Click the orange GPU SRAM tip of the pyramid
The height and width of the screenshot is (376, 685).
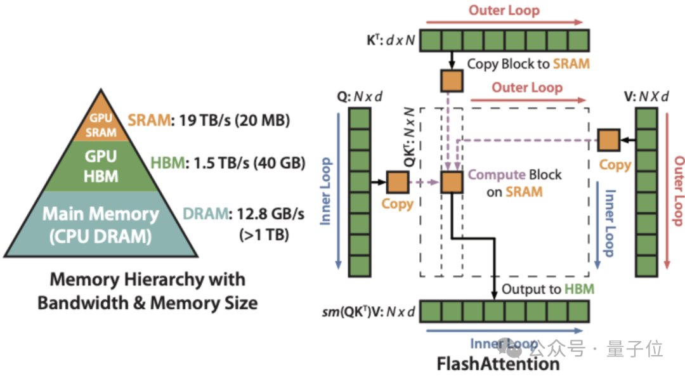tap(101, 119)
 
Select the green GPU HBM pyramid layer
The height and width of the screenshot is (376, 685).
tap(101, 166)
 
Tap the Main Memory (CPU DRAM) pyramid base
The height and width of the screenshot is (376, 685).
tap(101, 224)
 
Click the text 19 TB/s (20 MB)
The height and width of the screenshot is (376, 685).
tap(234, 120)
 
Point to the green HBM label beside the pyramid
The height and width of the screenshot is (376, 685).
tap(167, 163)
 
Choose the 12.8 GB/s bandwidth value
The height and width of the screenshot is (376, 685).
tap(271, 214)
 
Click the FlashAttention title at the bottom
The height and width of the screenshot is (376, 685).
tap(498, 363)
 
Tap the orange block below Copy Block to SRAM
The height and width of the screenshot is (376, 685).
tap(452, 81)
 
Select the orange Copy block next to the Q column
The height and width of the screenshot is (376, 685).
tap(398, 182)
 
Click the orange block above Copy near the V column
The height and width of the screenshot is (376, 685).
tap(608, 140)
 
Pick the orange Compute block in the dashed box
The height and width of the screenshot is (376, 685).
tap(452, 182)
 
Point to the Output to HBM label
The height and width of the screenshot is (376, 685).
tap(548, 289)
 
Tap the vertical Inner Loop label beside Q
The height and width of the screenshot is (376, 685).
tap(325, 191)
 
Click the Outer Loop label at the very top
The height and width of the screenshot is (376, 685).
tap(504, 10)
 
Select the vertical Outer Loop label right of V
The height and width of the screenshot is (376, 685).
tap(678, 191)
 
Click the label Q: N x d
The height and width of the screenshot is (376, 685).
tap(360, 96)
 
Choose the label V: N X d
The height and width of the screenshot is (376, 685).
tap(646, 96)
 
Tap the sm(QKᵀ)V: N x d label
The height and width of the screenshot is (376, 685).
tap(369, 312)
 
